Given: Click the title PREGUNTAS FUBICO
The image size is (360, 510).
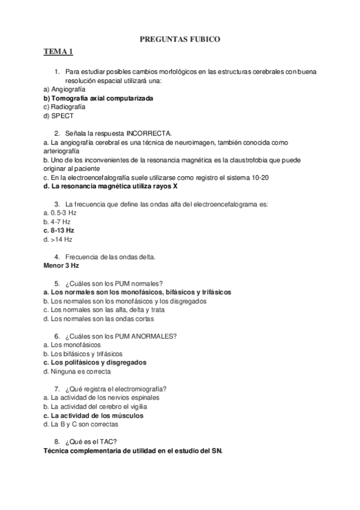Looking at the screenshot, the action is pos(180,40).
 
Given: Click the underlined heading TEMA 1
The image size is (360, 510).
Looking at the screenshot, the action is pos(58,52).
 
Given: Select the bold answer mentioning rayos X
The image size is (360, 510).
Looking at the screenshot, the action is pos(111,186).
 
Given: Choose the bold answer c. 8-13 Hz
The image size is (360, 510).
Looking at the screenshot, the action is pos(59,230).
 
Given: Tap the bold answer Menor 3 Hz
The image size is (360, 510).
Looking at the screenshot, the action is pos(62,265).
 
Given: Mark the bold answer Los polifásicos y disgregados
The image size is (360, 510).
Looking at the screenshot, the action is pos(95,363).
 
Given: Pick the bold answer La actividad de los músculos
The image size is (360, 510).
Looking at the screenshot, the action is pos(94,416).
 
